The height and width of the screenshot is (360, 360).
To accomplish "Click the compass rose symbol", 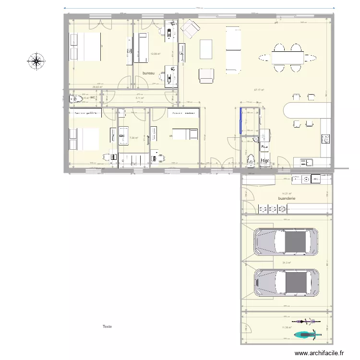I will point(36,60).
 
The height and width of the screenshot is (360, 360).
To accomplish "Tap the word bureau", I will point(149,73).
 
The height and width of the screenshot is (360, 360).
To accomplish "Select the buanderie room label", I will point(287,198).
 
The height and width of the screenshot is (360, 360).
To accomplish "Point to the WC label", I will point(93,97).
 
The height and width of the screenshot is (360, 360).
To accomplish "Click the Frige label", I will point(265,161).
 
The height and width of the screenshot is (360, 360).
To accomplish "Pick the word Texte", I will point(107,326).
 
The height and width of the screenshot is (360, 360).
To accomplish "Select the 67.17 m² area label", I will point(259,90).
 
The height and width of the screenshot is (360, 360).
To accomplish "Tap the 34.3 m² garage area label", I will point(287,263).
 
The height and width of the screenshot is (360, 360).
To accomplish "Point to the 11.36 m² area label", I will point(287,328).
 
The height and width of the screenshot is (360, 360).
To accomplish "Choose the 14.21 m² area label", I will point(287,193).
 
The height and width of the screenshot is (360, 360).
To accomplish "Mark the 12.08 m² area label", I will point(155,54).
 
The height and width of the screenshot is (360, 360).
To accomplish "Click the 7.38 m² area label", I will point(134,138).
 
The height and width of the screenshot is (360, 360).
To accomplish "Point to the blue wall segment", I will point(240,120).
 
